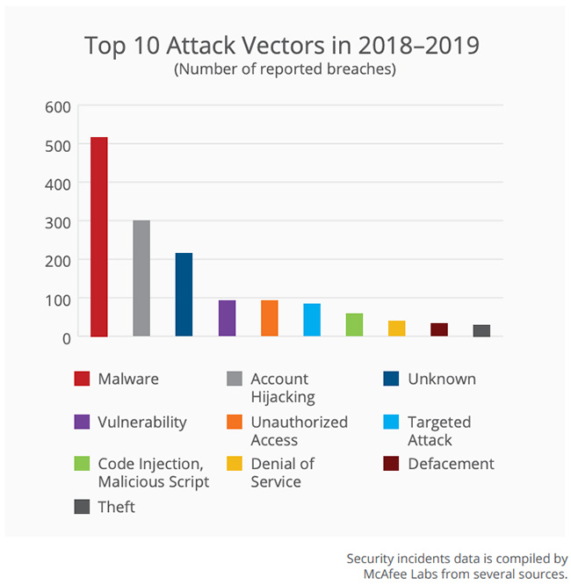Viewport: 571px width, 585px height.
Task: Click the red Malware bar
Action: [x=98, y=237]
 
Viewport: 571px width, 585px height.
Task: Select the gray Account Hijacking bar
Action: [x=141, y=278]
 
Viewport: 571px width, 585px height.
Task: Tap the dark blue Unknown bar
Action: [x=184, y=294]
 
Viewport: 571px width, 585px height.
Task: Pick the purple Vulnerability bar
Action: [x=227, y=318]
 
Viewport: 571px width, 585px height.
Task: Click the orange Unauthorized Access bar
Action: [x=270, y=318]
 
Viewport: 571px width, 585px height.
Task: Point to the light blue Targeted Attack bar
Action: [x=312, y=320]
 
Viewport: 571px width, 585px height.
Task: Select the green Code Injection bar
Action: [x=354, y=325]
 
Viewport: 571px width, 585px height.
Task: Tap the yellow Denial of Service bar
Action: [x=397, y=329]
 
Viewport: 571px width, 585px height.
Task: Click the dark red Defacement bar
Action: [x=439, y=330]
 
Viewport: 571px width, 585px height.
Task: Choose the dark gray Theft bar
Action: [x=481, y=331]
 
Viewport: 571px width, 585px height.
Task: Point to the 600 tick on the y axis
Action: [x=58, y=107]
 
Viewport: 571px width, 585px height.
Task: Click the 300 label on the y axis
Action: [x=58, y=223]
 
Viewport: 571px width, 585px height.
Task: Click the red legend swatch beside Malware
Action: [x=82, y=379]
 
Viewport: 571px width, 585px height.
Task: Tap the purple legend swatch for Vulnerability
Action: [x=82, y=422]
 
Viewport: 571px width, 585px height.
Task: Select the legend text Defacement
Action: [x=451, y=464]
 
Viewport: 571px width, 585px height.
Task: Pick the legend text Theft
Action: [x=117, y=507]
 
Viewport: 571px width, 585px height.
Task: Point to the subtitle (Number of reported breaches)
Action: [x=285, y=69]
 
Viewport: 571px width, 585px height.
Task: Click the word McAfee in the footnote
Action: [x=386, y=574]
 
